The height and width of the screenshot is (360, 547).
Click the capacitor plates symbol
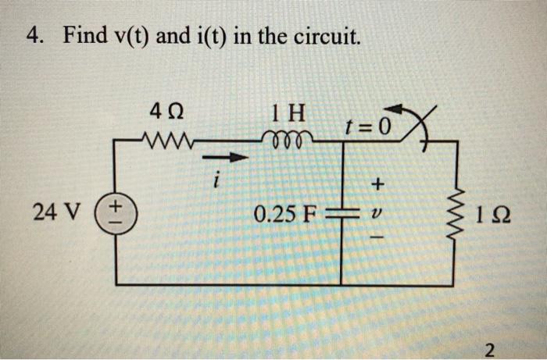tap(341, 212)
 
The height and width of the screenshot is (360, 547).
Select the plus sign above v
tap(379, 185)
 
